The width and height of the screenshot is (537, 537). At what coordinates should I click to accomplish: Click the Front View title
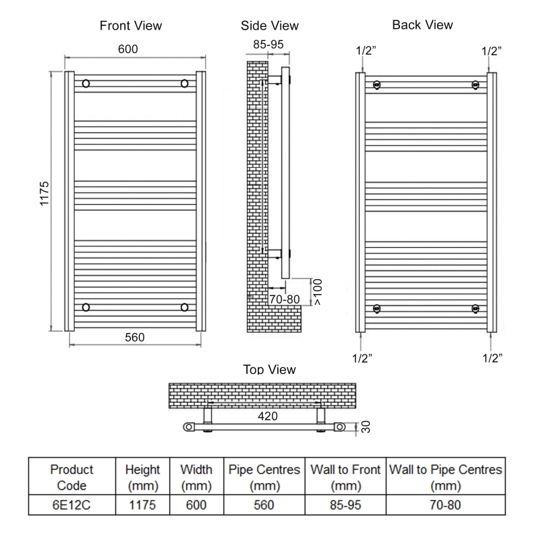click(x=130, y=26)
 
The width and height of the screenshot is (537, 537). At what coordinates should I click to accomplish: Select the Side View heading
click(x=270, y=26)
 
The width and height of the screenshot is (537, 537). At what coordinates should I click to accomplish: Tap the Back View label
click(x=422, y=25)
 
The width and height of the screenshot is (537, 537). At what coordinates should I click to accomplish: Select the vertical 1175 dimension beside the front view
click(x=45, y=195)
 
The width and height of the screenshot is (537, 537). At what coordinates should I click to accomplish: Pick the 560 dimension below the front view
click(x=134, y=337)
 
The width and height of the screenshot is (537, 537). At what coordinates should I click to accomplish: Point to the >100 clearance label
click(x=318, y=291)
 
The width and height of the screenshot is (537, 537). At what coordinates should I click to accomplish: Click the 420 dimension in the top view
click(x=268, y=416)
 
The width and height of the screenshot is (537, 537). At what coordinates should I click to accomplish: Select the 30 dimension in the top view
click(x=365, y=426)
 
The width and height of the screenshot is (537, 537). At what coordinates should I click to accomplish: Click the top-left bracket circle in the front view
click(x=86, y=84)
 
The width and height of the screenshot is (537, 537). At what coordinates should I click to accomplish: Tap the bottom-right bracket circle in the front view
click(x=184, y=307)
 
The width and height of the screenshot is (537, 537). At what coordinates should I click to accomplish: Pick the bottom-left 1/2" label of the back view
click(x=362, y=357)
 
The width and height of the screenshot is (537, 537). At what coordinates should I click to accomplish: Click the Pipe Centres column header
click(x=264, y=477)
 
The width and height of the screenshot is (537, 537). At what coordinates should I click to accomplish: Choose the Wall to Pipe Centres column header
click(x=446, y=477)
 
